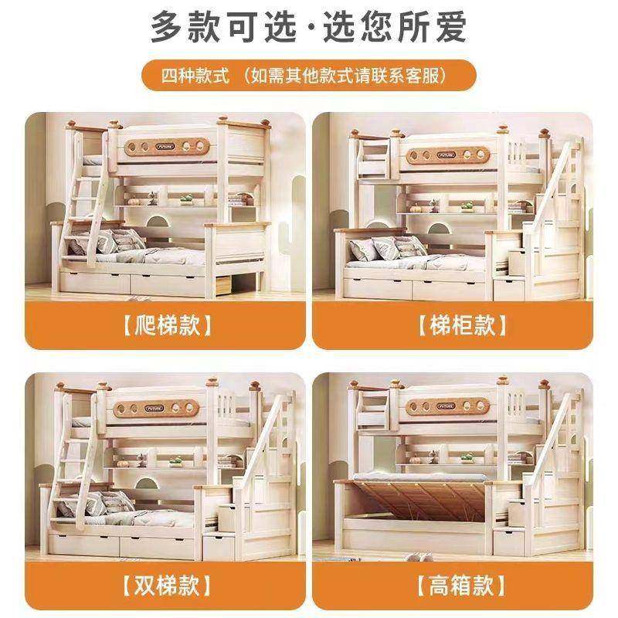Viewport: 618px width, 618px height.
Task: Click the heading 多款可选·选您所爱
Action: [x=309, y=29]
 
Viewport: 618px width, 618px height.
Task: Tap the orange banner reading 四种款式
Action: [x=309, y=77]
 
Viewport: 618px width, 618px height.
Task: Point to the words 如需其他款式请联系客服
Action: [x=345, y=77]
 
